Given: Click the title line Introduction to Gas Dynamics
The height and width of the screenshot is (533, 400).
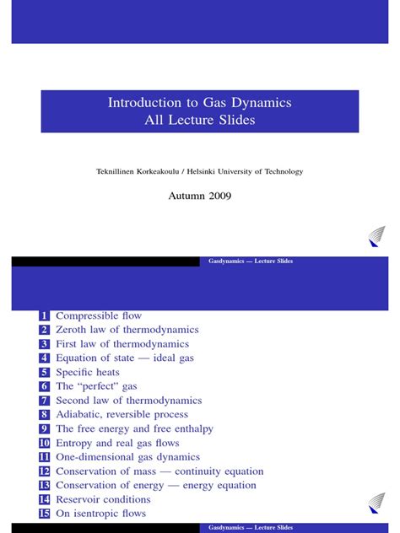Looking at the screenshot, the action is tap(199, 103).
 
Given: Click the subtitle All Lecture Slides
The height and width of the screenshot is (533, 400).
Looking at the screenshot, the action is tap(199, 121).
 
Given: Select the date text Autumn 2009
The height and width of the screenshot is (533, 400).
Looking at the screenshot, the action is tap(200, 196).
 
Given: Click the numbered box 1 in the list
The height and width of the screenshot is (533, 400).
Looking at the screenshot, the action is tap(45, 316).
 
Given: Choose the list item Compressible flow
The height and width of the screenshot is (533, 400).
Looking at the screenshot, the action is tap(99, 315).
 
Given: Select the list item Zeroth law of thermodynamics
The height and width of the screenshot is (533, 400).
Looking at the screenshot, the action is tap(127, 330).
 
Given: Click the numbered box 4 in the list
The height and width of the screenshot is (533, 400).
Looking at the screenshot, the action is tap(45, 358).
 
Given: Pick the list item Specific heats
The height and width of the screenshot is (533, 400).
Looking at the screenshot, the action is tap(88, 372).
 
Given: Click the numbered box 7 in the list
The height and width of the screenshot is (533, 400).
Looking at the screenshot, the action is tap(45, 401).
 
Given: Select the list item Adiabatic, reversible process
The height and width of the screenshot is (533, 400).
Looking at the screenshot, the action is tap(122, 414).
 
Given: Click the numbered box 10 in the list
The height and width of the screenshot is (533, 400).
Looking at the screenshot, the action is tap(44, 443).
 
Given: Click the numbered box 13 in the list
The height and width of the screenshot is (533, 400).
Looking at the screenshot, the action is tap(44, 485).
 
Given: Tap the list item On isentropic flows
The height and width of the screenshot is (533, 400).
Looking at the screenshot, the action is tap(100, 513).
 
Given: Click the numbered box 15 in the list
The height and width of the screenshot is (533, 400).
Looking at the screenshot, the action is tap(44, 514).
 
